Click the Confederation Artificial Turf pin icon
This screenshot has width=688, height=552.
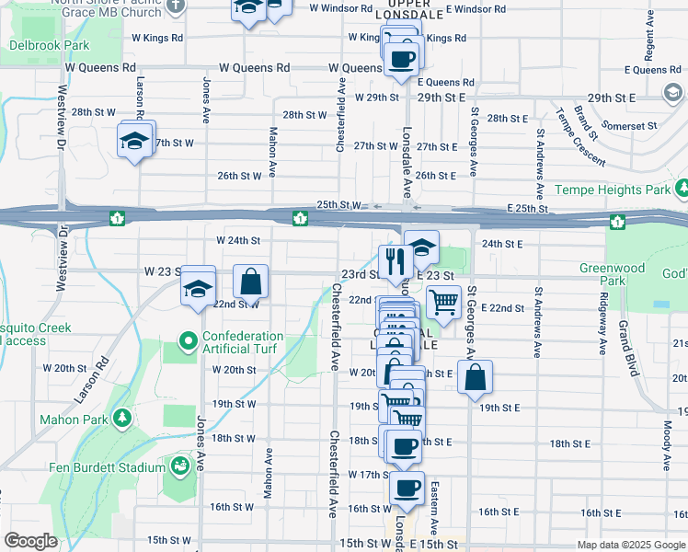point(189,341)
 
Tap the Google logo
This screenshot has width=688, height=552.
point(30,542)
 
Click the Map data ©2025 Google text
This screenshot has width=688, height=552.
point(631,545)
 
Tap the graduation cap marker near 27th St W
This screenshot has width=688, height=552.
point(134,142)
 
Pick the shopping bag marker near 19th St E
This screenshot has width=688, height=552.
point(475,376)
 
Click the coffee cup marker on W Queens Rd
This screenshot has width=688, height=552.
point(401,60)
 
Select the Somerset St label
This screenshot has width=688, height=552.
point(628,125)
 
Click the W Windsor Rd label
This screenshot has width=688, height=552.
point(342,8)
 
